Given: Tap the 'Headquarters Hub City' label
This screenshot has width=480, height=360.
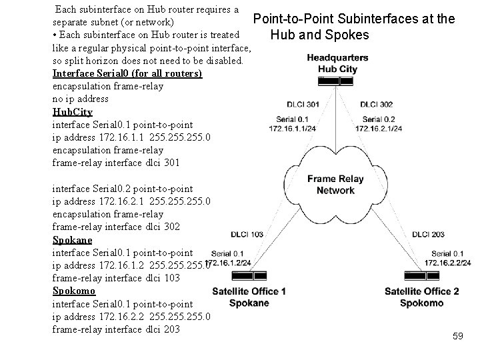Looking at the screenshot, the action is coord(337,63).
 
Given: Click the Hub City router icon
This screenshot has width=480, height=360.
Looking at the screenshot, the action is coord(336,81).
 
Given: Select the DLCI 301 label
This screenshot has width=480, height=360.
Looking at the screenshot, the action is coord(303,104).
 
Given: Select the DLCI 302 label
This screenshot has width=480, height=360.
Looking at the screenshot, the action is coord(376,104).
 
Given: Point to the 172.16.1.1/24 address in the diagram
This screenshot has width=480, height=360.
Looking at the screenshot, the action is coord(293,128).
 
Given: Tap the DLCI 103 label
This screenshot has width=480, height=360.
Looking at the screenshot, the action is coord(247,235).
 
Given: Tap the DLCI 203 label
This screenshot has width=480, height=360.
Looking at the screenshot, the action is coord(429,234).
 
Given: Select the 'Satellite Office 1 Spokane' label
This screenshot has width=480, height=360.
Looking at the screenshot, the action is coord(249,297).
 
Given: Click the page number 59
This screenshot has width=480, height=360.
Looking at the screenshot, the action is coord(457,337).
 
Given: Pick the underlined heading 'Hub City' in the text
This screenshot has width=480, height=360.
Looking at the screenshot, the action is coord(73,112).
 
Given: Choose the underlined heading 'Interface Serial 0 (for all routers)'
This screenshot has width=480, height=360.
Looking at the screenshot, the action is coord(127,73).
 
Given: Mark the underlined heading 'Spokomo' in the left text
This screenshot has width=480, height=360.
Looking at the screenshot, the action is coord(74,291).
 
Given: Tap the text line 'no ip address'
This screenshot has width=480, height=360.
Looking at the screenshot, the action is coord(81,99).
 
